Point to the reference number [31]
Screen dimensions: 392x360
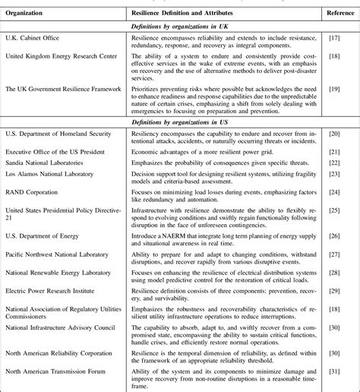tap(333, 372)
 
